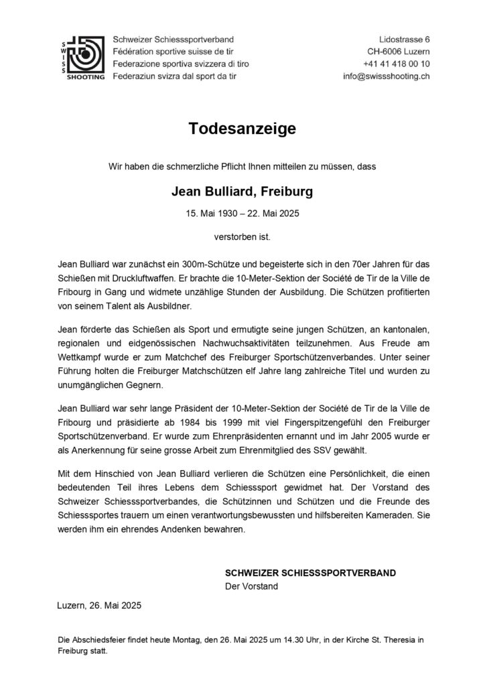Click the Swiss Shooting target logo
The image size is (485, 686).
coord(82,57)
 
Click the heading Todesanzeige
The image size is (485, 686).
coord(242,129)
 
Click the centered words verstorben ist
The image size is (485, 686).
coord(242,236)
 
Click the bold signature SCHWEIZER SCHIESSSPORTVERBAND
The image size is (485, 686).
coord(310,573)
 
